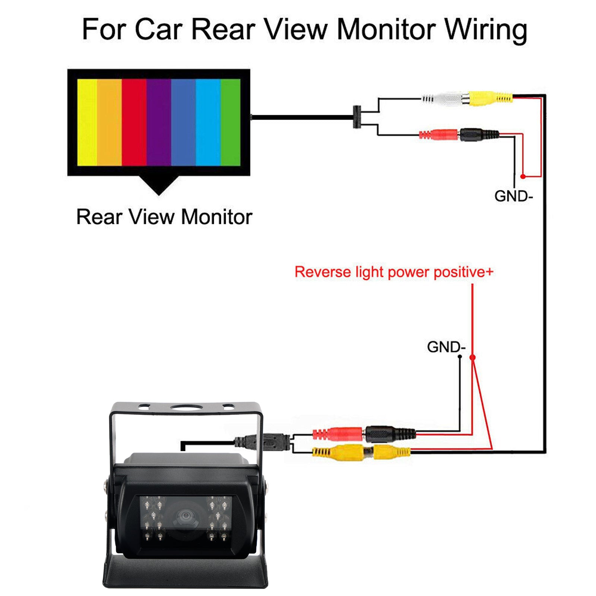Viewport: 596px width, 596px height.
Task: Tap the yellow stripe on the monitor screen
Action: (x=87, y=122)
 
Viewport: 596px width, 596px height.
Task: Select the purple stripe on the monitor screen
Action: (x=159, y=122)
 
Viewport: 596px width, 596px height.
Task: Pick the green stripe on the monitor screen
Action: (x=230, y=122)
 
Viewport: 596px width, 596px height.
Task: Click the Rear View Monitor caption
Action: (x=164, y=217)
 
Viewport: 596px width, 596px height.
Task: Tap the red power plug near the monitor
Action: (x=440, y=134)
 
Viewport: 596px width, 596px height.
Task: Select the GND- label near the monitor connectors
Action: (x=513, y=196)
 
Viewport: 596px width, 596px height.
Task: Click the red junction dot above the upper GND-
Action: (x=523, y=176)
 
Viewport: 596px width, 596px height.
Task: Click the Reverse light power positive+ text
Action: (x=394, y=272)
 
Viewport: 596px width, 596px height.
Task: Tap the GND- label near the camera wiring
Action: (x=446, y=347)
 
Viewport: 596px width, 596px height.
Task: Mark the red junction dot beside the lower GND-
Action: (x=472, y=357)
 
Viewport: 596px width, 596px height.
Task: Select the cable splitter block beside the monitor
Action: (x=357, y=117)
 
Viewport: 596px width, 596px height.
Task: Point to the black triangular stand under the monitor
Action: (x=159, y=185)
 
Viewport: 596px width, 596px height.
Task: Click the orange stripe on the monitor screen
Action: (x=109, y=122)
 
